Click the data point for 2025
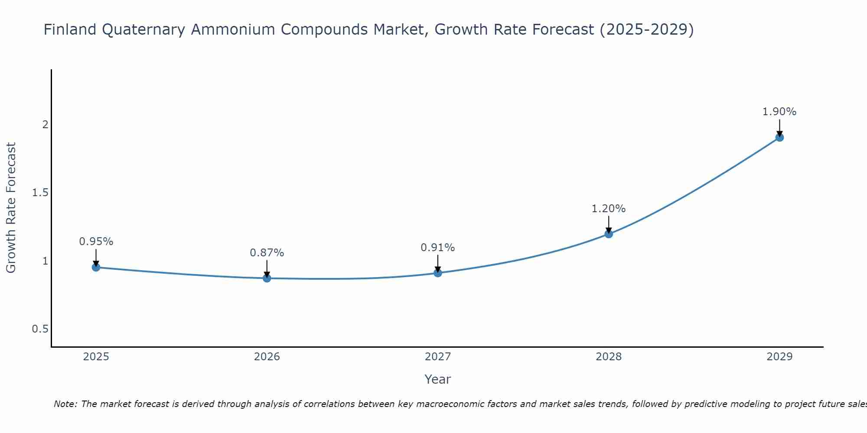click(96, 267)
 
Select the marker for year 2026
click(267, 278)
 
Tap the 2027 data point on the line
click(437, 273)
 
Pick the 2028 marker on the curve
click(608, 234)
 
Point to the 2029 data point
click(779, 137)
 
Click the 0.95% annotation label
click(96, 242)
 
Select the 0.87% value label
click(267, 253)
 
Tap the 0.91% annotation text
click(437, 248)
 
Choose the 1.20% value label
click(608, 209)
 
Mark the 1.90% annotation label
click(779, 112)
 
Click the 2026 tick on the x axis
click(267, 357)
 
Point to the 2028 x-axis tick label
click(608, 357)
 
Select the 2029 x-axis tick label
click(779, 357)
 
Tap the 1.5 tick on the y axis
click(40, 193)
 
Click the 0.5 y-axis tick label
click(40, 329)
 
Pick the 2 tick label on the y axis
click(45, 125)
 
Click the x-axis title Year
click(437, 379)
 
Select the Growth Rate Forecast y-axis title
click(11, 208)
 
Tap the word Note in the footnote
click(65, 404)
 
